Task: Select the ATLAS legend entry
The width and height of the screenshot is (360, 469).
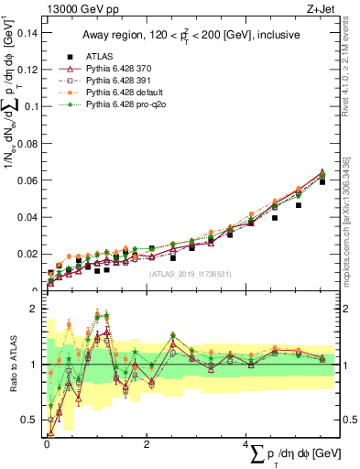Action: [99, 56]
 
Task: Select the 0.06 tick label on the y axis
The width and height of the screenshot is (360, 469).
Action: [29, 180]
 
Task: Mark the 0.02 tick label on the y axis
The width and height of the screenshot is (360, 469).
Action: [29, 254]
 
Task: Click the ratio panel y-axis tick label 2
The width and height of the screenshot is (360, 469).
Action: [38, 310]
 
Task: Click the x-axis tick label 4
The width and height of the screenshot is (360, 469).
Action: [245, 444]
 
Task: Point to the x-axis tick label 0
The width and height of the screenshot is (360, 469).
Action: [48, 444]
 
